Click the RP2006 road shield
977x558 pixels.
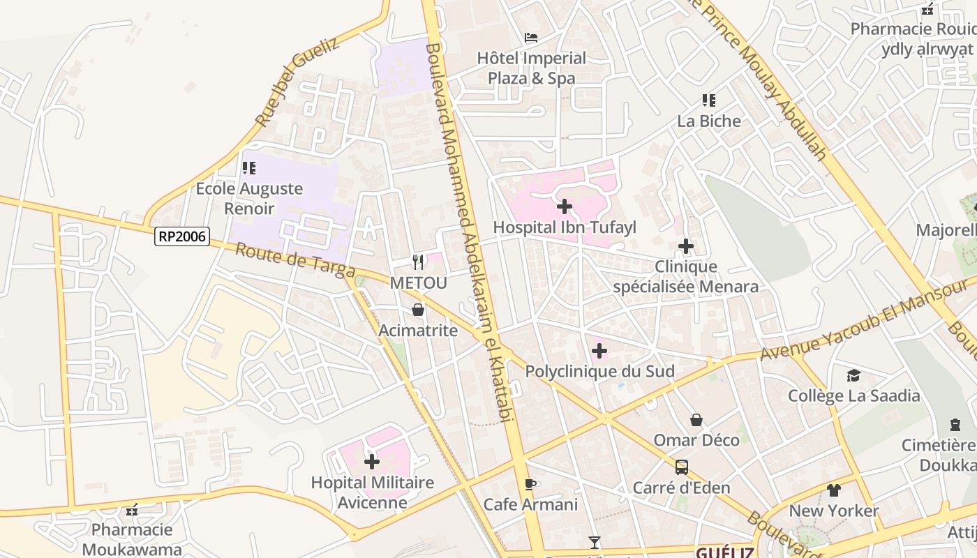(182, 236)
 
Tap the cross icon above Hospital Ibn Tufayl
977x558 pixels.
(565, 206)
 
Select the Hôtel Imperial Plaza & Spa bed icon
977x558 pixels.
(532, 37)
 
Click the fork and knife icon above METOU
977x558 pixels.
(418, 262)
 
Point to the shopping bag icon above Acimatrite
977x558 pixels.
(418, 310)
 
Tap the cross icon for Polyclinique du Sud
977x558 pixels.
(599, 351)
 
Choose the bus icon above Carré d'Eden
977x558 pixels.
(682, 467)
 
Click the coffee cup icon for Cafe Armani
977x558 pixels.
(530, 483)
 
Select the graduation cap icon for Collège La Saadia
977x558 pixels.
(853, 376)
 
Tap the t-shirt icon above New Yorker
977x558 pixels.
(834, 490)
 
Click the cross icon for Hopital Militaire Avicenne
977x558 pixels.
(372, 461)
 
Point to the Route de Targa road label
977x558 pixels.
(295, 259)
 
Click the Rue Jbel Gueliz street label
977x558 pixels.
(296, 82)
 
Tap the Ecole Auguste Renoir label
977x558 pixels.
(249, 198)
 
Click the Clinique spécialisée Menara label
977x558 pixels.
(685, 276)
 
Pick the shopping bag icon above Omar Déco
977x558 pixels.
(696, 420)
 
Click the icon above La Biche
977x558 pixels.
(709, 100)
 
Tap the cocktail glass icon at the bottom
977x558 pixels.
(595, 542)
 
